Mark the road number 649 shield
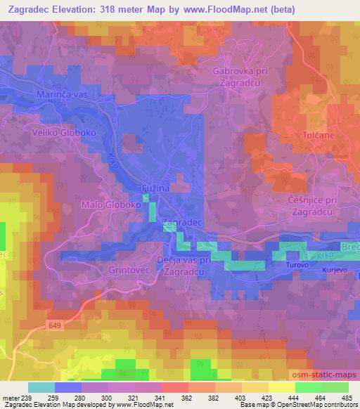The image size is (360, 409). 56,325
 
